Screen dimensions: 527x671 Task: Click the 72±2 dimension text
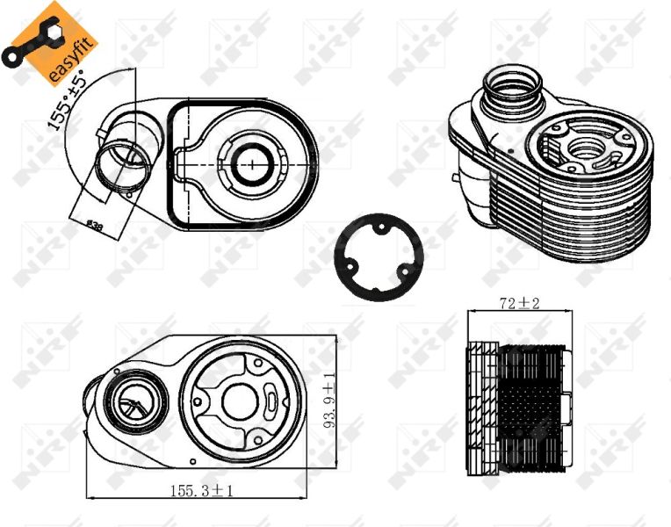(x=519, y=305)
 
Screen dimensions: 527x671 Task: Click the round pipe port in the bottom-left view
(x=133, y=403)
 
